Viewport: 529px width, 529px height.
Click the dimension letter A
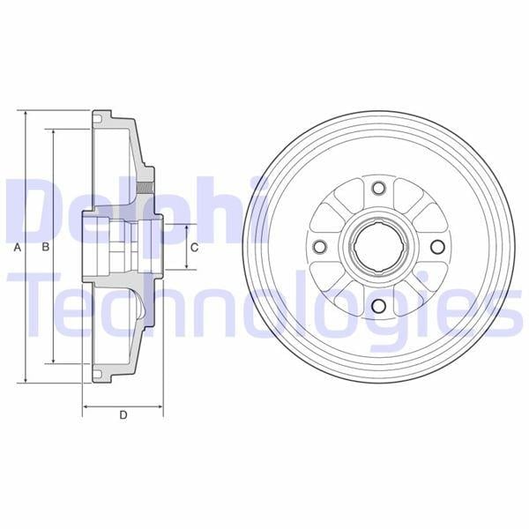(x=18, y=248)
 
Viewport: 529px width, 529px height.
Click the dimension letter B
(x=46, y=247)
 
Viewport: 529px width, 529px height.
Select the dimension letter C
(x=195, y=248)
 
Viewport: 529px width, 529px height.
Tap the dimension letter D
(x=123, y=415)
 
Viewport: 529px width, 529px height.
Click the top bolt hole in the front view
(x=378, y=188)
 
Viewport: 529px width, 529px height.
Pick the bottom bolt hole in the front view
(x=378, y=306)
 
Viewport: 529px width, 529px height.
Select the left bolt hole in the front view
(x=320, y=247)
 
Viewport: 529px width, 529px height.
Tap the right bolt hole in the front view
(x=437, y=247)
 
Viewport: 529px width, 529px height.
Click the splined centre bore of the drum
(x=376, y=247)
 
